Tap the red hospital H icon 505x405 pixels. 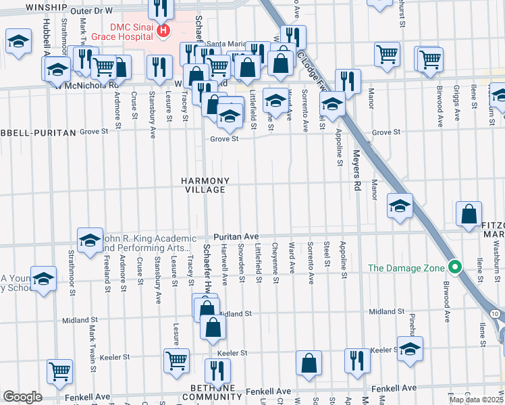coord(163,30)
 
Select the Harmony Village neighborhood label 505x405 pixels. coord(205,186)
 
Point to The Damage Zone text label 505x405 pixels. coord(406,268)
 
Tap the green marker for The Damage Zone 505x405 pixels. coord(455,268)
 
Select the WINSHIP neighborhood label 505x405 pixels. coord(47,7)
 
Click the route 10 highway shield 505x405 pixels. coord(495,314)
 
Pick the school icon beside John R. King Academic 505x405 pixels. coord(90,242)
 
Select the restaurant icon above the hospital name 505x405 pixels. coord(161,8)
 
